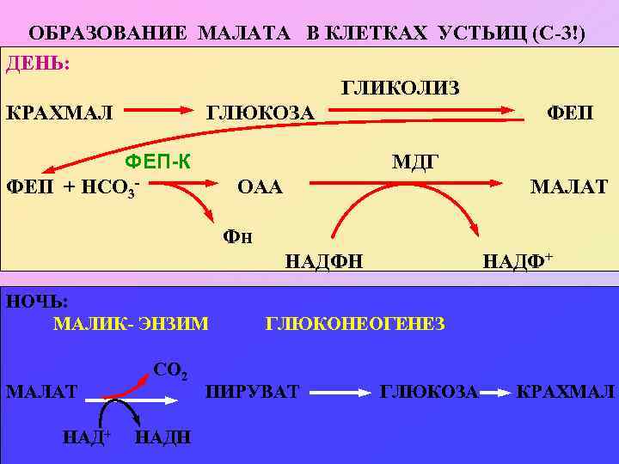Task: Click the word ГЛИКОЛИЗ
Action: click(x=401, y=89)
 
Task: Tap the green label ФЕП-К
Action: click(x=158, y=161)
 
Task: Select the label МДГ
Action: click(x=415, y=161)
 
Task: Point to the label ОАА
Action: click(x=259, y=186)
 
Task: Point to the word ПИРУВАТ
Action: click(x=252, y=392)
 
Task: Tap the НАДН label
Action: click(x=164, y=437)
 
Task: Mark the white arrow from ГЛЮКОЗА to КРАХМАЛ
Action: click(x=496, y=392)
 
